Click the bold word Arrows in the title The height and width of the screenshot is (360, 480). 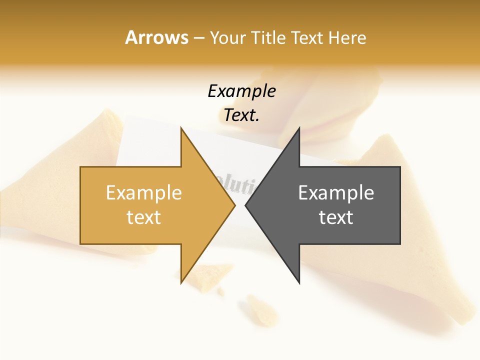pyautogui.click(x=156, y=37)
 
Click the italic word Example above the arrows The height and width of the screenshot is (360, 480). pyautogui.click(x=241, y=91)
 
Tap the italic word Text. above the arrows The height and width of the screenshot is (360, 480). pyautogui.click(x=241, y=115)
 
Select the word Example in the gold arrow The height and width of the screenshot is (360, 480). pyautogui.click(x=144, y=193)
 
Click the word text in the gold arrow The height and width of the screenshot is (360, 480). pyautogui.click(x=144, y=217)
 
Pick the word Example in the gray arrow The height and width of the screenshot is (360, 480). pyautogui.click(x=336, y=193)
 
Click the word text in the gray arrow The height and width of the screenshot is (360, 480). pyautogui.click(x=336, y=217)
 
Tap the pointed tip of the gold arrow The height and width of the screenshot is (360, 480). pyautogui.click(x=234, y=205)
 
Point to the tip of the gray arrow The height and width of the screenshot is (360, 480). pyautogui.click(x=246, y=205)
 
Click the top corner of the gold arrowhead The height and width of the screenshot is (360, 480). pyautogui.click(x=181, y=128)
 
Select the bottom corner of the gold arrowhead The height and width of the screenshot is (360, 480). pyautogui.click(x=181, y=282)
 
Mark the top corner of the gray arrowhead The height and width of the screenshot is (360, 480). pyautogui.click(x=299, y=128)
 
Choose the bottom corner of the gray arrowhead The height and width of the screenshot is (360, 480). pyautogui.click(x=299, y=282)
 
